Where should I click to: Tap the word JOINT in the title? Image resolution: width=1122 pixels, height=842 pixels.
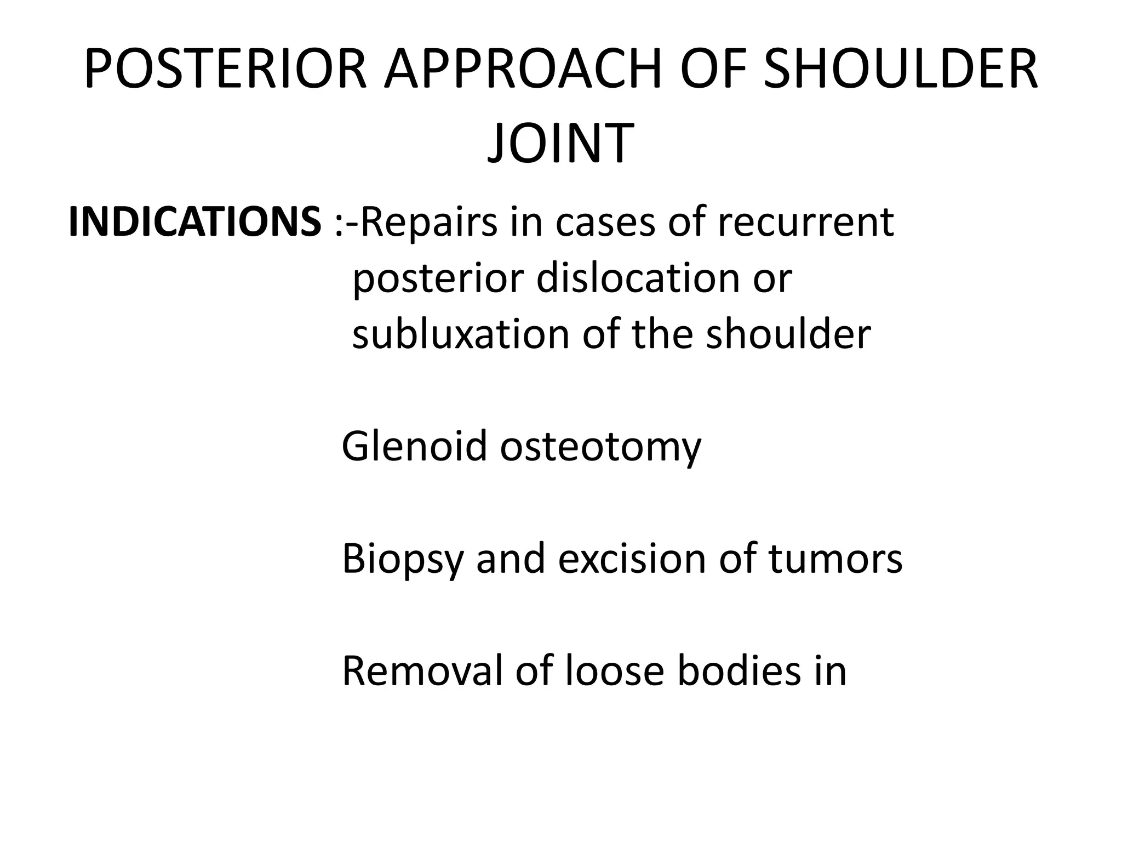pos(560,143)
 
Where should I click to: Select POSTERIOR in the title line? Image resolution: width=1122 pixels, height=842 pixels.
pos(225,70)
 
